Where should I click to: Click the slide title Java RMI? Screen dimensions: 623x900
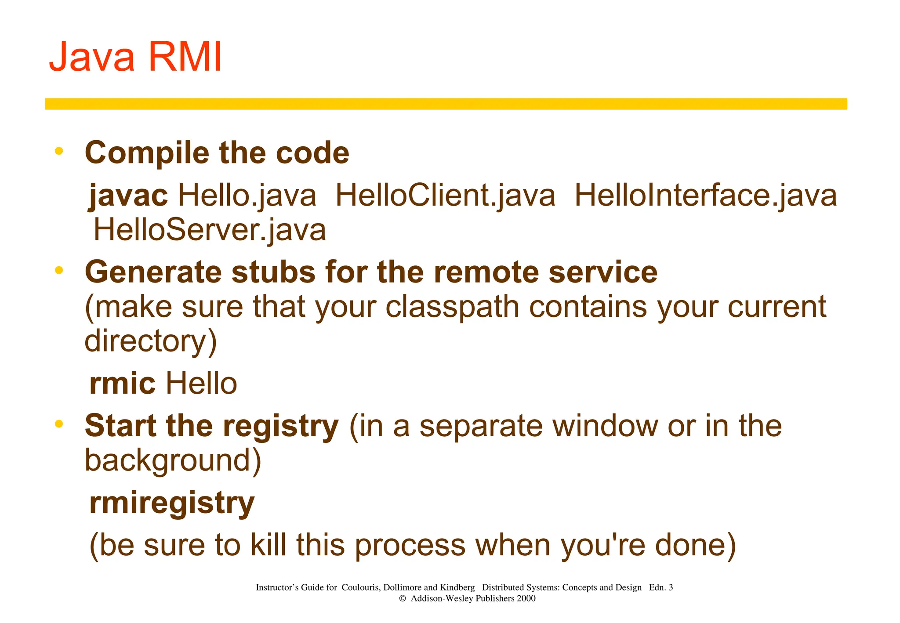click(x=135, y=57)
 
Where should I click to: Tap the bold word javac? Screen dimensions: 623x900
click(x=128, y=195)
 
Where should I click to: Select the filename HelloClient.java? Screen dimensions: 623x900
click(x=445, y=195)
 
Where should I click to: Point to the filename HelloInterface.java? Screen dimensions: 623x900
click(x=705, y=195)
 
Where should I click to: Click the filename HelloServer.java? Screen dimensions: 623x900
click(x=210, y=230)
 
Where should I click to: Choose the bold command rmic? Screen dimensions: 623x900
click(x=122, y=383)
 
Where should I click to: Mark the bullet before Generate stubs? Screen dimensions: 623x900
click(x=59, y=270)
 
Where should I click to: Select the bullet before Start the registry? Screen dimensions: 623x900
click(x=59, y=424)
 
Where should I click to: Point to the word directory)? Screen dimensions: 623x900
click(x=151, y=341)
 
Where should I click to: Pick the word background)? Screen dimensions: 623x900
click(x=173, y=460)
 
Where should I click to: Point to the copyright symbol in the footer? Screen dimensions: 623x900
click(x=402, y=598)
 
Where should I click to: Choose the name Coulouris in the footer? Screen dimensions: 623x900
click(x=360, y=587)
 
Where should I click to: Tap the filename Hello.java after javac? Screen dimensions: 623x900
click(x=247, y=195)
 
